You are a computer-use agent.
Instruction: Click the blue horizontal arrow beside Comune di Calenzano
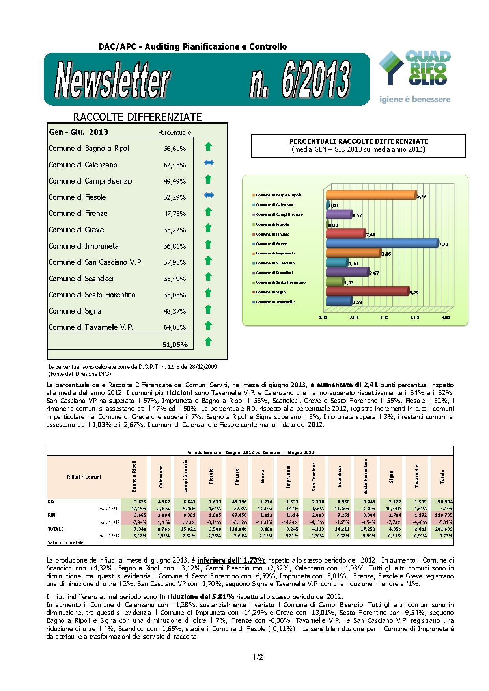209,163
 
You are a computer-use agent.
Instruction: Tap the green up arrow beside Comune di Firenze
209,212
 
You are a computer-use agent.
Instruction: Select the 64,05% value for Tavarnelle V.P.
175,327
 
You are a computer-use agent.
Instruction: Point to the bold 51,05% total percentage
175,345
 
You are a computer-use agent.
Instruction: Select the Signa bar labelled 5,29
367,292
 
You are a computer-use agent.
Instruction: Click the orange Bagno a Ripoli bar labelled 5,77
371,195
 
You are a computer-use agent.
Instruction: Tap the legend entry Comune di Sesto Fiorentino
280,282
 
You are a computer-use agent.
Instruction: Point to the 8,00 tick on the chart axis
445,317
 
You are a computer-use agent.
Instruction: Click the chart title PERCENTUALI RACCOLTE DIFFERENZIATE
358,141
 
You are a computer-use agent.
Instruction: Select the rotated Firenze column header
237,477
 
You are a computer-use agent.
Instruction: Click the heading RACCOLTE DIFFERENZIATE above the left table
138,117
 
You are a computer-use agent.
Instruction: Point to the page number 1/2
258,658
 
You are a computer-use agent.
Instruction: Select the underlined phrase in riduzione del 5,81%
197,596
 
